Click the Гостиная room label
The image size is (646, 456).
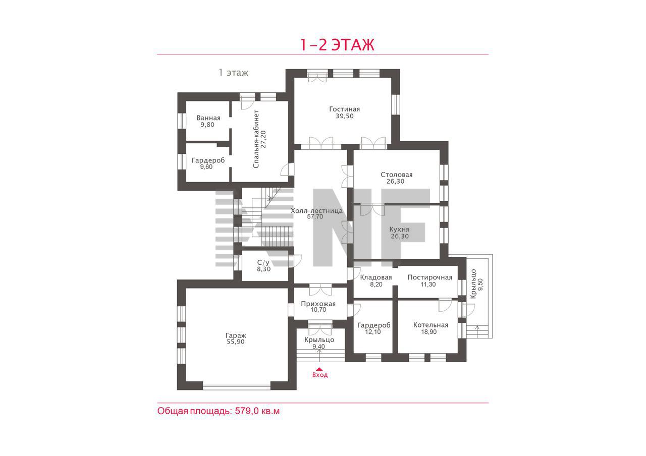click(344, 109)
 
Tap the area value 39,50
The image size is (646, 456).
click(344, 116)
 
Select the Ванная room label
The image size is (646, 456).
click(208, 118)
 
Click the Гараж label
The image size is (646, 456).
click(236, 336)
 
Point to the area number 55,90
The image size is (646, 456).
click(236, 342)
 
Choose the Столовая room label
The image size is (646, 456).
click(397, 175)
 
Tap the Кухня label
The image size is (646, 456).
click(399, 230)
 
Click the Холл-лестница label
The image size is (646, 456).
click(316, 211)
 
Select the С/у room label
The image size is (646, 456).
click(263, 263)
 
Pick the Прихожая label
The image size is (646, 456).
click(318, 304)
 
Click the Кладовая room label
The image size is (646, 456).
click(376, 277)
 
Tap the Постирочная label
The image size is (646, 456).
click(429, 277)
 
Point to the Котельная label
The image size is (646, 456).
click(430, 325)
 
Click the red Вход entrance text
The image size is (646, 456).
click(320, 375)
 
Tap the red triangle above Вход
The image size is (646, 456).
click(319, 369)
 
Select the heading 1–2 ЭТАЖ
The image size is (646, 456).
click(338, 45)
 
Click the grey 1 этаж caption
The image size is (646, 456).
click(233, 73)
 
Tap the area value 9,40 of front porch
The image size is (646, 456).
click(318, 347)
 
